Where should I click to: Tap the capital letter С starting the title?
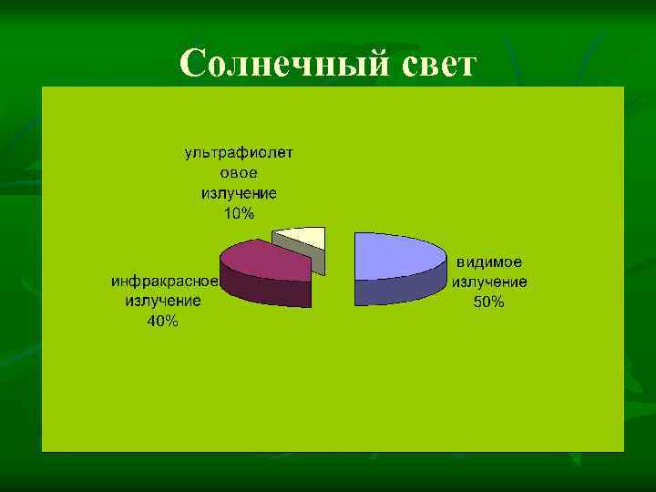pos(195,64)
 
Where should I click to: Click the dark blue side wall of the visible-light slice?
pos(401,289)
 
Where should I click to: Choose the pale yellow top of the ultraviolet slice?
pos(306,237)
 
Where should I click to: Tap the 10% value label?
pos(240,214)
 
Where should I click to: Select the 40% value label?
pos(163,321)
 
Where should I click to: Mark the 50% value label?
pos(488,302)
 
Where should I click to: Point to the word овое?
pos(240,173)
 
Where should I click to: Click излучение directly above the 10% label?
pos(240,193)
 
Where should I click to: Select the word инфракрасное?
pos(164,281)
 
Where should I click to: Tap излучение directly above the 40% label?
pos(164,301)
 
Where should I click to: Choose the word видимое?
pos(489,261)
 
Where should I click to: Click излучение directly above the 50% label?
pos(489,282)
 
